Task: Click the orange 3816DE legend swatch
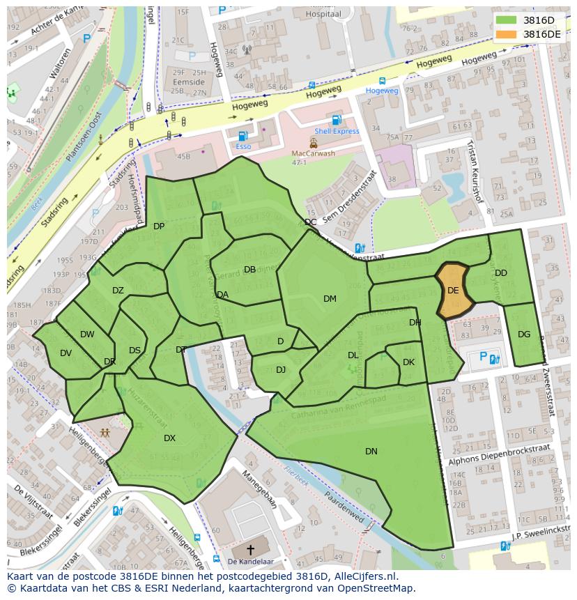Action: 507,34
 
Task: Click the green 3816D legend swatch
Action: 507,21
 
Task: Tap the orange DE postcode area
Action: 454,291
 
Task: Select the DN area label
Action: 371,452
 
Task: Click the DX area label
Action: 169,438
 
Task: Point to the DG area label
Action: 524,334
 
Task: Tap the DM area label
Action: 330,299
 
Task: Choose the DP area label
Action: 159,226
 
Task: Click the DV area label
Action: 66,353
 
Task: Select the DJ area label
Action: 280,370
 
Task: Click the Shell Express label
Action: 337,131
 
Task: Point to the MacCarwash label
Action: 313,153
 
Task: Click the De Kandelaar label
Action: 251,561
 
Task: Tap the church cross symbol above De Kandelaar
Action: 250,549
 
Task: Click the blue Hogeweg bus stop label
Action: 382,91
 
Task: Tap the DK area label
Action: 408,362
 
